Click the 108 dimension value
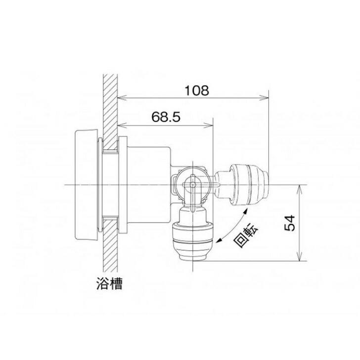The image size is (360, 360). [197, 90]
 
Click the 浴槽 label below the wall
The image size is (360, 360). [109, 284]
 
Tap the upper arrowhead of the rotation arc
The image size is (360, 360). [246, 211]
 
